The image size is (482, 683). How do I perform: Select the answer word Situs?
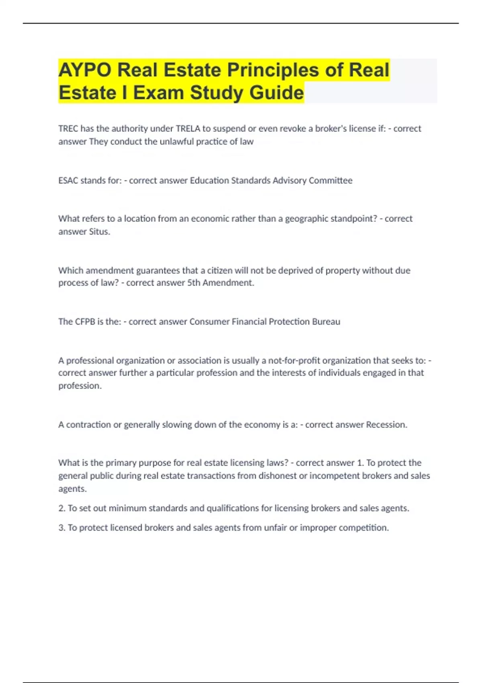99,231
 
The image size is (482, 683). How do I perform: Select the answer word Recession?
386,425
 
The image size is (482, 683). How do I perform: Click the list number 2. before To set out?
62,508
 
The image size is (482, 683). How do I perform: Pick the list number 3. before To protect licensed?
62,528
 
